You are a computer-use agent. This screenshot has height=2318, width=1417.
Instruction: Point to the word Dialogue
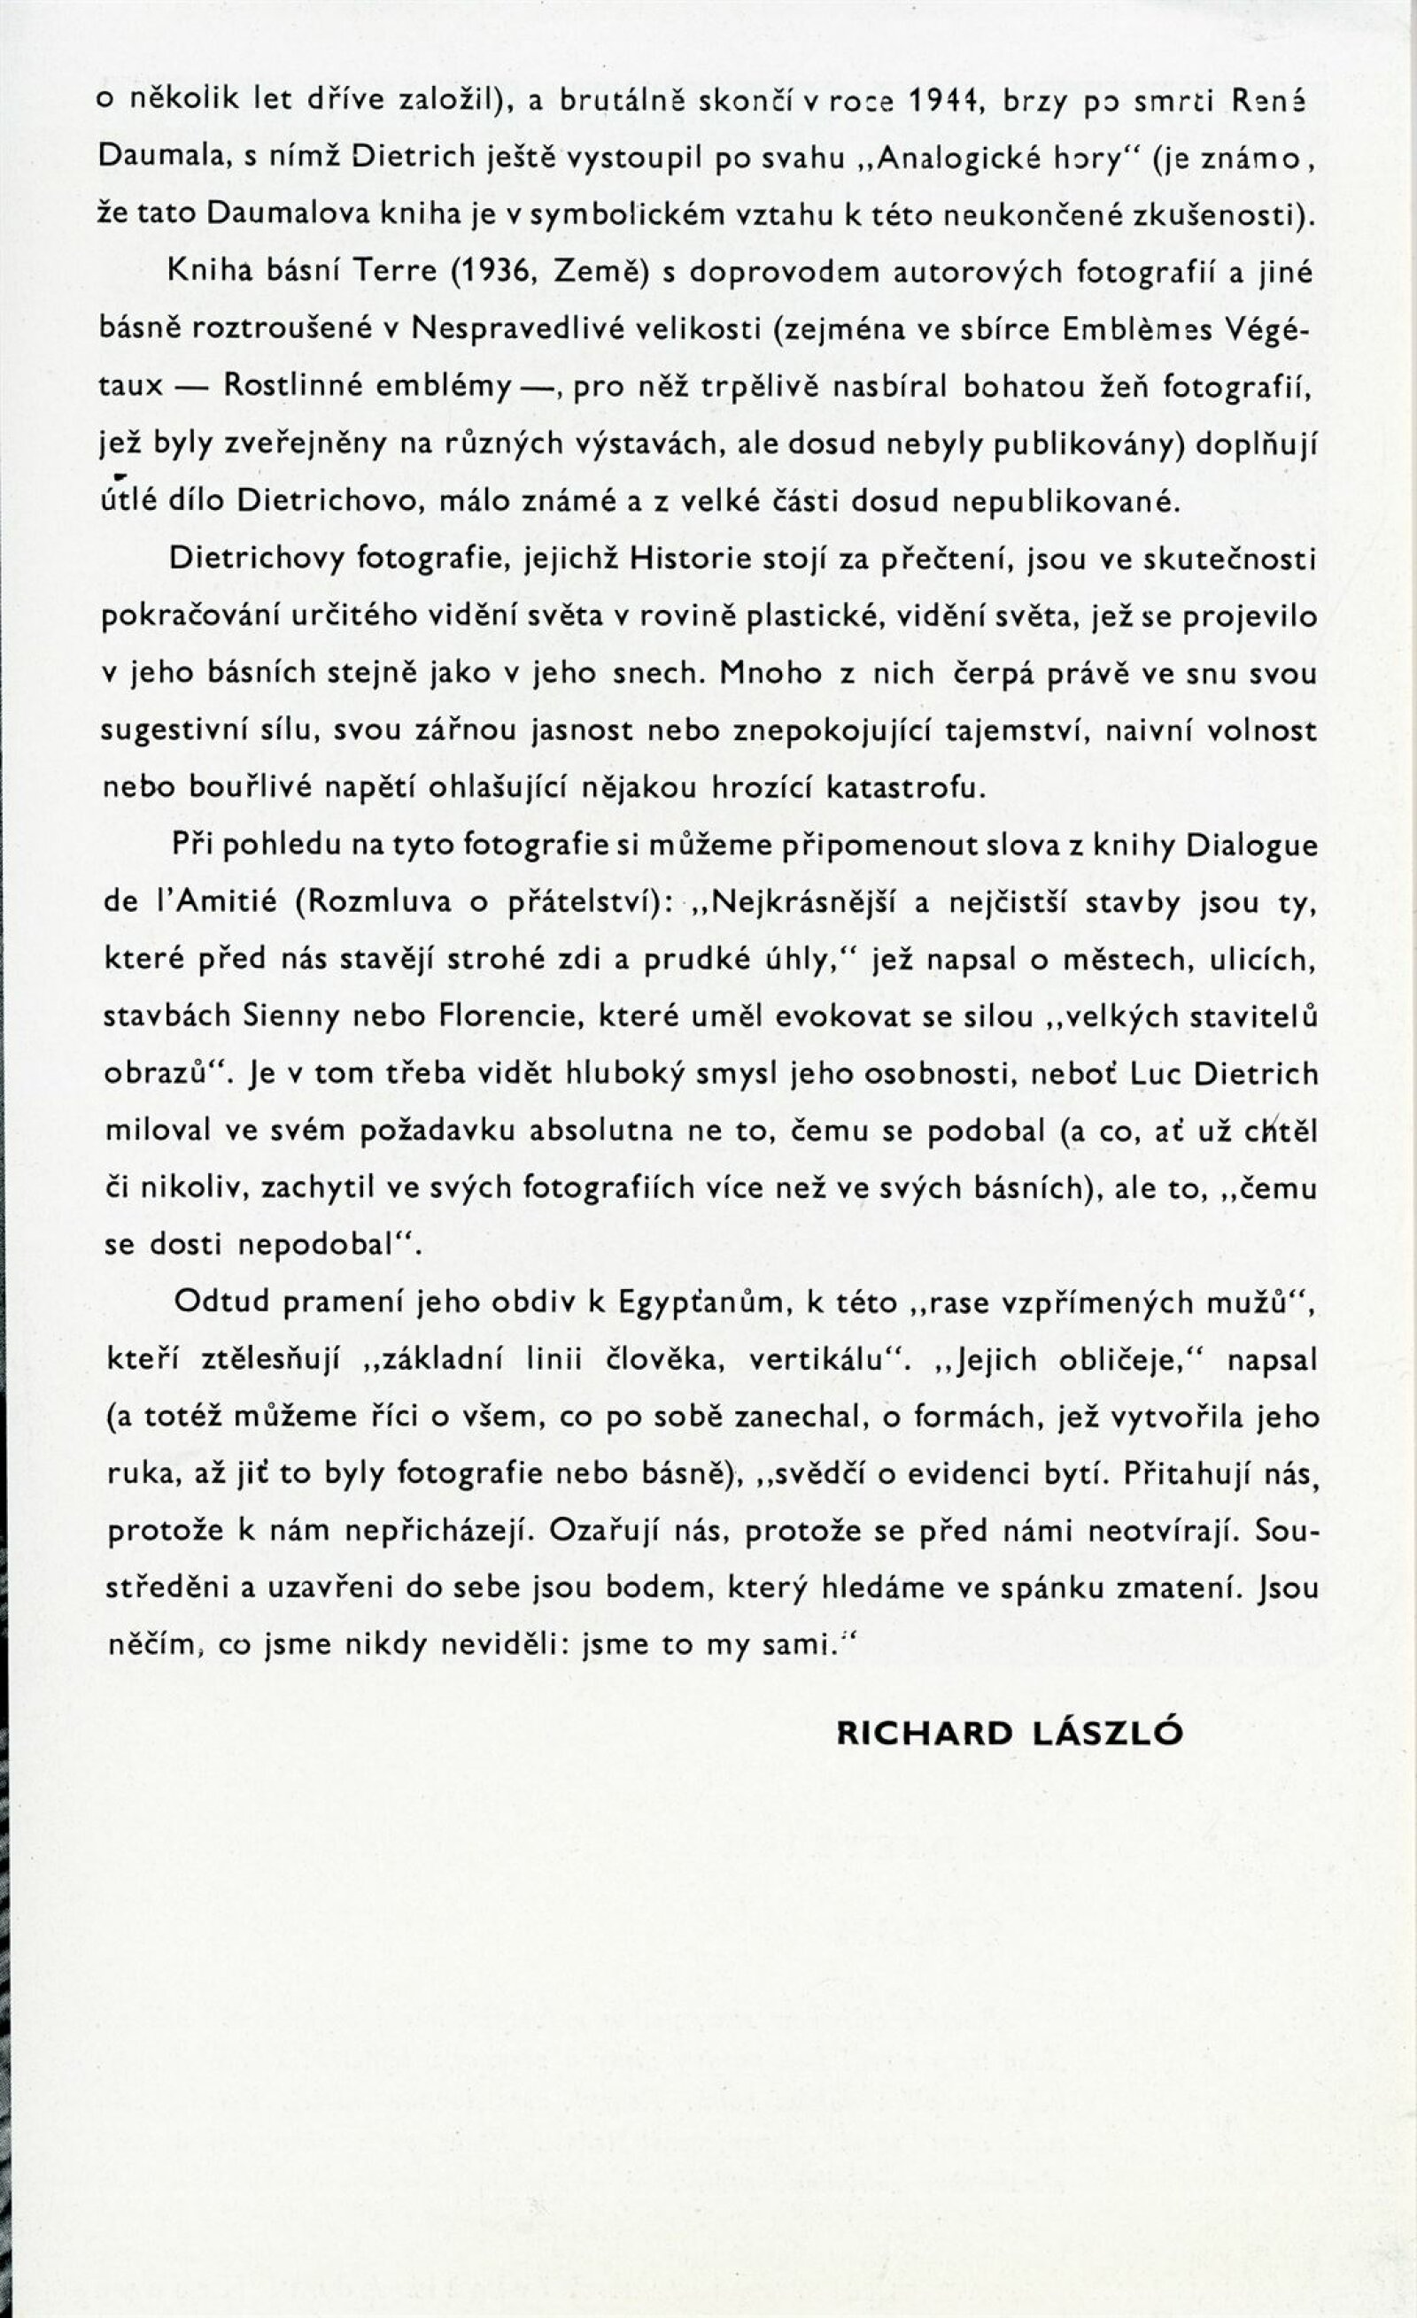(1250, 845)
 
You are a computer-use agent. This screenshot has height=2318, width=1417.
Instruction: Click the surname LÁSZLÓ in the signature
(1107, 1734)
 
